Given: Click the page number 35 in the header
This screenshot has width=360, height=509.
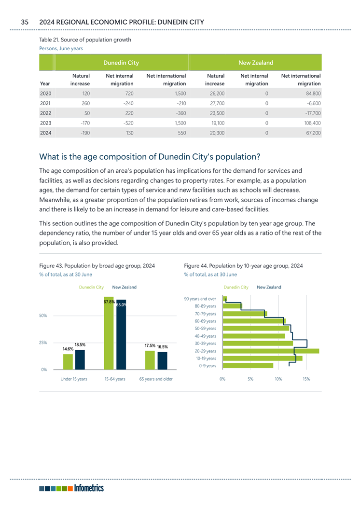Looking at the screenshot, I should click(25, 22).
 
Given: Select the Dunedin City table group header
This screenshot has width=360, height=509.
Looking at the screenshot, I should click(121, 63).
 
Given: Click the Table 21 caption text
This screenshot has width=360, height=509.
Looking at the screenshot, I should click(85, 40).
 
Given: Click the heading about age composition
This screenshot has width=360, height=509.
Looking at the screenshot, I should click(150, 157).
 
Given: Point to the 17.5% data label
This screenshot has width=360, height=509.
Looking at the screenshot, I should click(150, 346).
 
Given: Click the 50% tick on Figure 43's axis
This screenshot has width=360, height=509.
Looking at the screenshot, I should click(43, 316).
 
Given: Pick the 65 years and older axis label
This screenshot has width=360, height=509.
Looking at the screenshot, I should click(156, 379).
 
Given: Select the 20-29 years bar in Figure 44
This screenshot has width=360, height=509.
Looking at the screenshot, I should click(270, 351).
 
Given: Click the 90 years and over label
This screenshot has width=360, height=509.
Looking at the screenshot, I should click(200, 299).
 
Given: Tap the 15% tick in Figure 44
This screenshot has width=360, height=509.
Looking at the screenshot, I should click(306, 379).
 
